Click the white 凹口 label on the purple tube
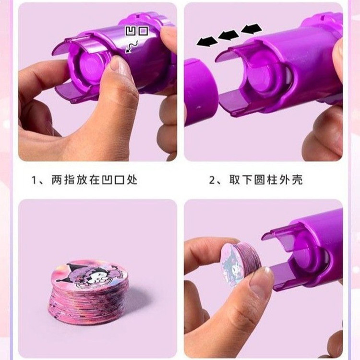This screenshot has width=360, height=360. [x=137, y=31]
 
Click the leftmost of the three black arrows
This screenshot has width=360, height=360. [x=207, y=42]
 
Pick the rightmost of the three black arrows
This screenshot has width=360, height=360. [x=252, y=29]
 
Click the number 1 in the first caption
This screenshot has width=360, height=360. [x=35, y=180]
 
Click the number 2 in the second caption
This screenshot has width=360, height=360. [x=212, y=180]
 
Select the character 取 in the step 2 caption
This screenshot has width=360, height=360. [x=235, y=180]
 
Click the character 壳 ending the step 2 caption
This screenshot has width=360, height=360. [x=297, y=180]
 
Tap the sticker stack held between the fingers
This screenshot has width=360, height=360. [x=238, y=262]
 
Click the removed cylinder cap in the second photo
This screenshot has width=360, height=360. [x=199, y=92]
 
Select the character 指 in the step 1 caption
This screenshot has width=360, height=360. [x=70, y=180]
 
